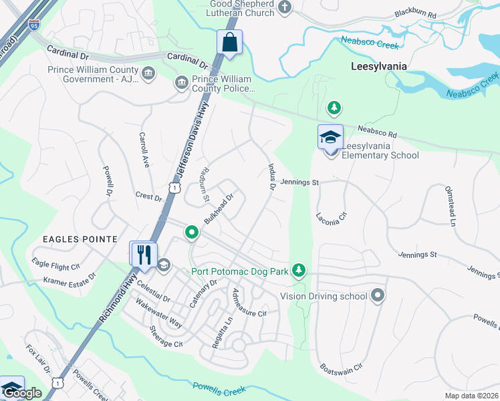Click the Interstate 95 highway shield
34,25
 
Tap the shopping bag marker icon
229,42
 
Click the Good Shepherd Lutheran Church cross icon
285,7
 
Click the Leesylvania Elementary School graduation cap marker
330,137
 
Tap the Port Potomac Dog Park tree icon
301,270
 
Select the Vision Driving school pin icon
378,295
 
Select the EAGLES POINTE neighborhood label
80,239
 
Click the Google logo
23,393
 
